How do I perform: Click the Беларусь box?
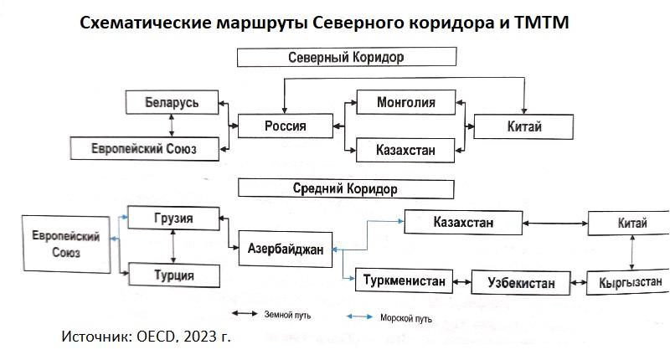[172, 102]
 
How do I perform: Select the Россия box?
[285, 126]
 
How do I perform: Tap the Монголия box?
[406, 103]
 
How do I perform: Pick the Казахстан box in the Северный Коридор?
[406, 150]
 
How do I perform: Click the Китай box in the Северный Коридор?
[523, 126]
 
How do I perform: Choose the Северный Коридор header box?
[346, 58]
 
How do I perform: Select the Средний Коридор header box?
[346, 189]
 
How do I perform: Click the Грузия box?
[173, 219]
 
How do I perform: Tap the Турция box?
[173, 275]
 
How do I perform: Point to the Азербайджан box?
[285, 248]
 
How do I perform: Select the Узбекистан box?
[520, 282]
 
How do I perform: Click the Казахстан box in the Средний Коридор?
[463, 223]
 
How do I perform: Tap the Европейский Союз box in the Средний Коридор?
[71, 244]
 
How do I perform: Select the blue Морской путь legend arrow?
[361, 316]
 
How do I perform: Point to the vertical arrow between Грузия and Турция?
[173, 246]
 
